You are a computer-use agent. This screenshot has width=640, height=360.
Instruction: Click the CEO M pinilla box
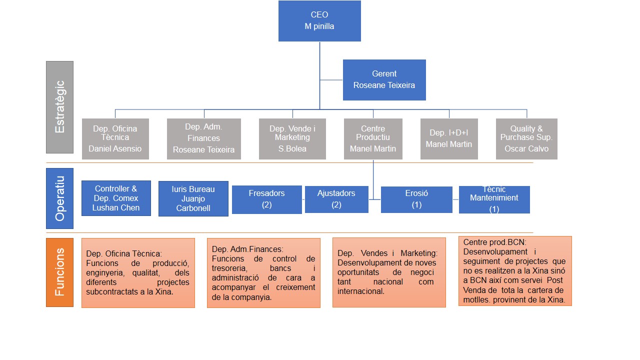point(319,21)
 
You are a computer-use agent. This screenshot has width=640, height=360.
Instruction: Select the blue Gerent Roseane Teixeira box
point(384,80)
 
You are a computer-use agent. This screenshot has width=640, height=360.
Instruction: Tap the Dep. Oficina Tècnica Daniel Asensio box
point(115,139)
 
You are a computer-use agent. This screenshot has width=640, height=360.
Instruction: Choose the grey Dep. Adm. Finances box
point(204,139)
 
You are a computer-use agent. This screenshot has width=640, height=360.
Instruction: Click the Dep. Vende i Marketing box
point(292,139)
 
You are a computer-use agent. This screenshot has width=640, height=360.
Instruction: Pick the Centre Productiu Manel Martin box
point(373,139)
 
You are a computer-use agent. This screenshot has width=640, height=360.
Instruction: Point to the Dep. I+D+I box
point(449,139)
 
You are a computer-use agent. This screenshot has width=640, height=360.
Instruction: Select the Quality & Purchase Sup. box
point(526,139)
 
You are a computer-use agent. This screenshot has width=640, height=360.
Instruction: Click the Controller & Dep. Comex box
point(116,198)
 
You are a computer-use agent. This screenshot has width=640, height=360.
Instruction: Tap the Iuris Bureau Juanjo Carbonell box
point(193,198)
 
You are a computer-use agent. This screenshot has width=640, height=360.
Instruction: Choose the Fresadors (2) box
point(267,199)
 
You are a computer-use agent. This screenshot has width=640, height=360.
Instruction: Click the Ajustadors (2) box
point(336,199)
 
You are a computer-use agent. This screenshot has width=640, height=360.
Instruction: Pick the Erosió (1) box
point(416,199)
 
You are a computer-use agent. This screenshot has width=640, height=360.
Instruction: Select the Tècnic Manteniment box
point(494,199)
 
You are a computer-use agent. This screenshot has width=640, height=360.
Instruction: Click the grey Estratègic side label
point(59,107)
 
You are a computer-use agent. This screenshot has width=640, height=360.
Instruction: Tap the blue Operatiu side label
point(59,198)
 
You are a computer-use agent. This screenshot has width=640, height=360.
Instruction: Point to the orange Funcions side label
point(59,272)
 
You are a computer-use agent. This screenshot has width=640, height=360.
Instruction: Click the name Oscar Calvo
point(526,148)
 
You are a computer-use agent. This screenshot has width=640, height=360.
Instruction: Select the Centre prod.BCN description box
point(515,271)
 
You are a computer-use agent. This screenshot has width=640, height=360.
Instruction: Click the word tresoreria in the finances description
point(229,268)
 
